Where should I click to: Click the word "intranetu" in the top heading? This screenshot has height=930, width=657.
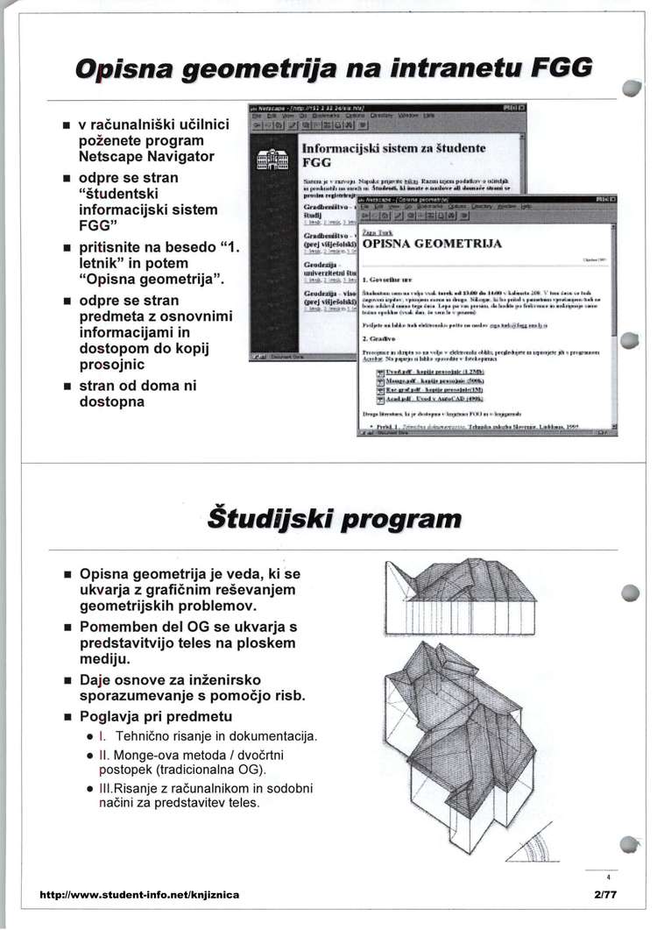441,67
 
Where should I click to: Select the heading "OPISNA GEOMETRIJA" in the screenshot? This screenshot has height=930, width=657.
432,244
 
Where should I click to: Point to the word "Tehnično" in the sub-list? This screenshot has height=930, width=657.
148,735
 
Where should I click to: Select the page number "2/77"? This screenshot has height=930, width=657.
605,895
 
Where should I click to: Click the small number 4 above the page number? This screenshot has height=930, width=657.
606,876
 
